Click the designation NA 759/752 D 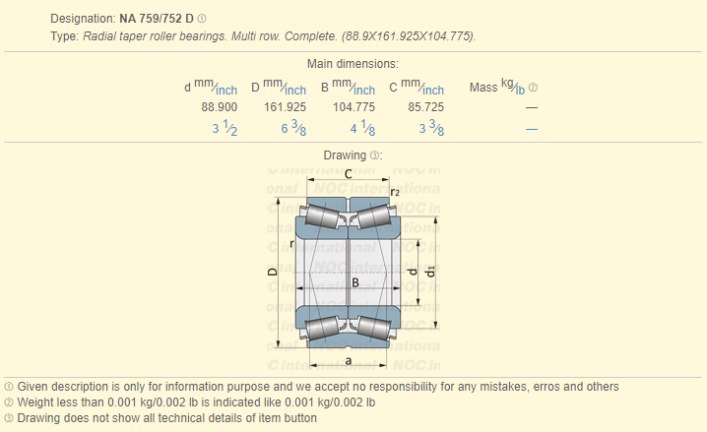click(156, 19)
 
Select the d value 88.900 click(220, 107)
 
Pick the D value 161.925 click(285, 107)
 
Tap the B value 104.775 click(353, 107)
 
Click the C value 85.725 click(426, 107)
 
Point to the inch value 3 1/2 click(225, 128)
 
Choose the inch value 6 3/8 click(293, 128)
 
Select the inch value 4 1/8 click(362, 128)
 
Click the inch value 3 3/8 click(431, 128)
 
